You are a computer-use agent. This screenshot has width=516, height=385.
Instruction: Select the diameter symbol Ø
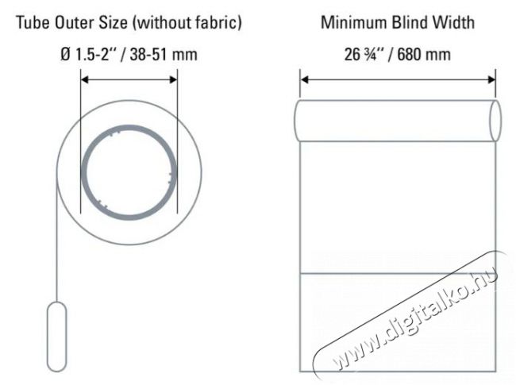tap(66, 54)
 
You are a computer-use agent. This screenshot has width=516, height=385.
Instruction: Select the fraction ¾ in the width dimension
tap(371, 54)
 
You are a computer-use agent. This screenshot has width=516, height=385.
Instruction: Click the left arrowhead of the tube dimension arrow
tap(85, 79)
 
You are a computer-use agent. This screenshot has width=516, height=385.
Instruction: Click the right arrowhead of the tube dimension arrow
tap(173, 79)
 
